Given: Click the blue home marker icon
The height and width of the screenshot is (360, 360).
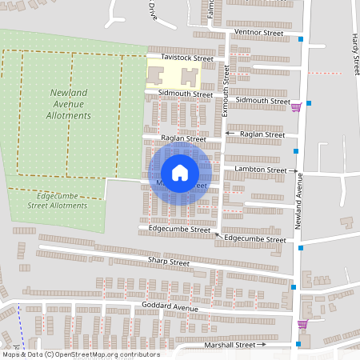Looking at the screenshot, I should [180, 173].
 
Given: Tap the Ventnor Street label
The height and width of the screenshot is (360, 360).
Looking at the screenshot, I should [258, 33].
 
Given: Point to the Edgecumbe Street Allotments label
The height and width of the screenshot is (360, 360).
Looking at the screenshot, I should [51, 200].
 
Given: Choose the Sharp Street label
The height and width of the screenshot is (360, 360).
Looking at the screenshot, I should [168, 262].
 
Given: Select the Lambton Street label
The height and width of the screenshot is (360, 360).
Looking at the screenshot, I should [260, 170].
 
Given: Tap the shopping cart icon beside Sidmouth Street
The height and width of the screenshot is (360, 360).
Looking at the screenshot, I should [297, 106].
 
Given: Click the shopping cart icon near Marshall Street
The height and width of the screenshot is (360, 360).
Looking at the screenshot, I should [302, 325].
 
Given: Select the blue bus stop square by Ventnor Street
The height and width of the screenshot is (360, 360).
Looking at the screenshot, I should [301, 39].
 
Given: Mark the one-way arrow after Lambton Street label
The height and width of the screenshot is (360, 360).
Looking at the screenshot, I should [292, 170].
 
